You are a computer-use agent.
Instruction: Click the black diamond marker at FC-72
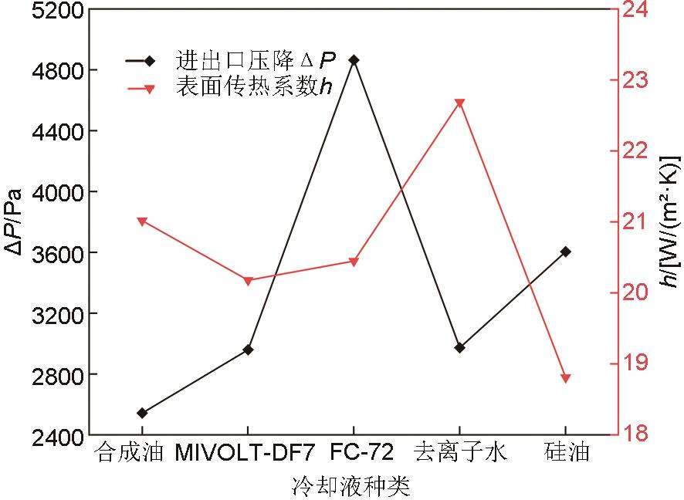pyautogui.click(x=354, y=59)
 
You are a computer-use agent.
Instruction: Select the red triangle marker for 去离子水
pyautogui.click(x=459, y=103)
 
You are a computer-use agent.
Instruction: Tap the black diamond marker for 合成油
pyautogui.click(x=142, y=413)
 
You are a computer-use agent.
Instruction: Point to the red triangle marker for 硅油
pyautogui.click(x=566, y=378)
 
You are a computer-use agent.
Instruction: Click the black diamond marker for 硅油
pyautogui.click(x=566, y=252)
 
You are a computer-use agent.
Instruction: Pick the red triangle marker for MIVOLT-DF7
pyautogui.click(x=248, y=281)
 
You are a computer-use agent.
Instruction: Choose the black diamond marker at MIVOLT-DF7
pyautogui.click(x=248, y=350)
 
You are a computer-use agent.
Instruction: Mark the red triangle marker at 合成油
pyautogui.click(x=142, y=221)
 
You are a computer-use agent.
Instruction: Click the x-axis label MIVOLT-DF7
pyautogui.click(x=245, y=452)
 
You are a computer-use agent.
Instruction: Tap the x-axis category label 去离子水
pyautogui.click(x=460, y=452)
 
